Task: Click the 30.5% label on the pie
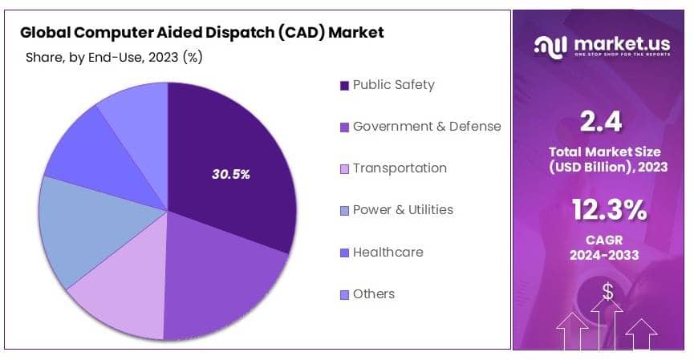coord(229,174)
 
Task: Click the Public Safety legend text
coord(393,85)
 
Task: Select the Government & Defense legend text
coord(426,127)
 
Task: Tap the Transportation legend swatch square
coord(344,169)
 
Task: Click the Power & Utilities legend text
coord(403,210)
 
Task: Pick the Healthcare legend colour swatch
coord(344,253)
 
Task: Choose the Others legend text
coord(373,294)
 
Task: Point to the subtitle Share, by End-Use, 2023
coord(113,57)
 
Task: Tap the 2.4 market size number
coord(602,123)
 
